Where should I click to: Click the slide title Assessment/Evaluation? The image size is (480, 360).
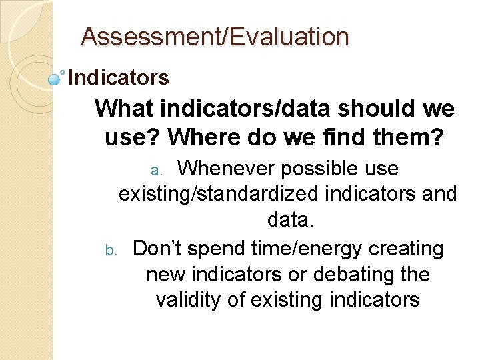(x=214, y=37)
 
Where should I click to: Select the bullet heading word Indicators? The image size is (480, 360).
(x=119, y=78)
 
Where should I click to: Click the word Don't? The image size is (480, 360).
(x=157, y=249)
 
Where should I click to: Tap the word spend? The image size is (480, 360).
(x=217, y=249)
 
